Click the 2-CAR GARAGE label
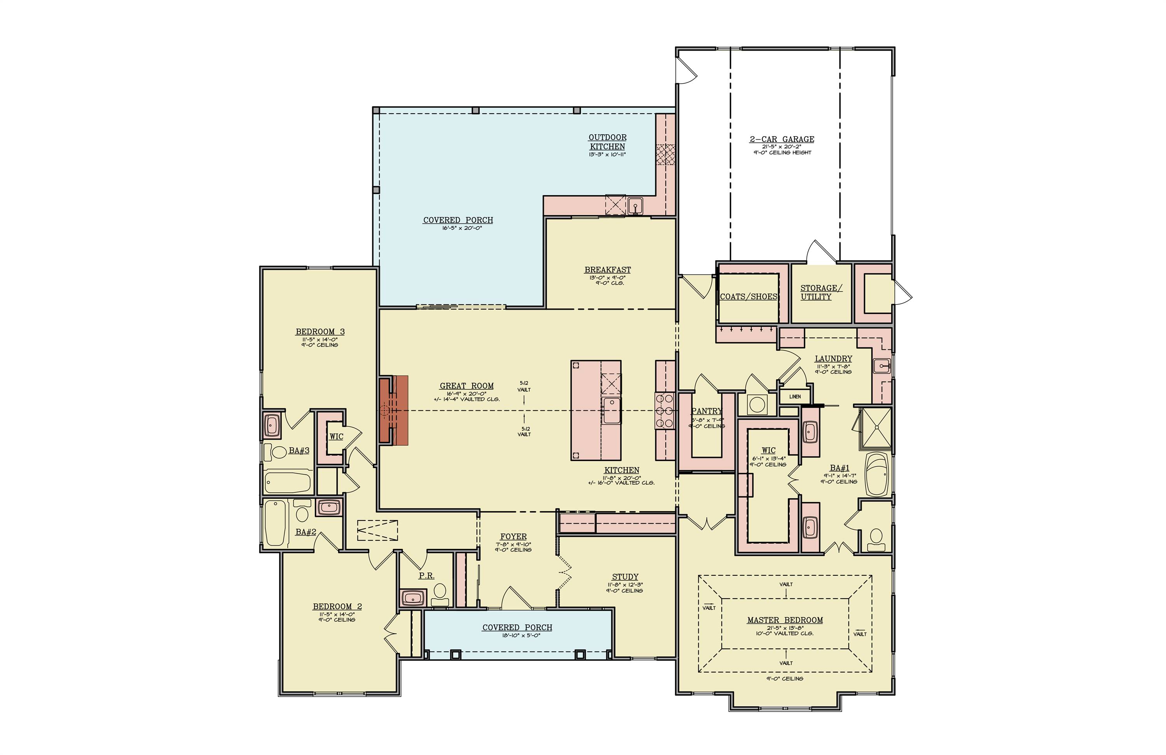(x=782, y=140)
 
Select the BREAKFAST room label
(x=607, y=270)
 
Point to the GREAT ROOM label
(x=466, y=386)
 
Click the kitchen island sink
(x=611, y=410)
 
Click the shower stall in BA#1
(x=876, y=427)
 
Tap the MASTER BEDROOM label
(x=784, y=620)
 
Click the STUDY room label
(x=625, y=577)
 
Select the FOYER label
(x=513, y=537)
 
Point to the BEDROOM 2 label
(x=337, y=607)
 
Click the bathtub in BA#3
(x=288, y=482)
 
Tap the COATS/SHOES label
(x=748, y=297)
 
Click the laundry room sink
(x=881, y=366)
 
